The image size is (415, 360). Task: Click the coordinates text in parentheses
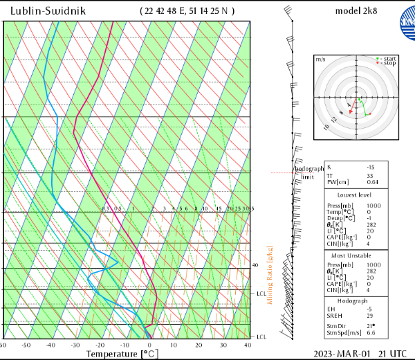[x=187, y=11]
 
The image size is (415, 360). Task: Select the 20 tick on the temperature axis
[x=199, y=345]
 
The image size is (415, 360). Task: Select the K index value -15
[x=370, y=167]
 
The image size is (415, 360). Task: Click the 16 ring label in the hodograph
[x=326, y=127]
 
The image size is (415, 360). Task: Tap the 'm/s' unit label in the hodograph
[x=320, y=60]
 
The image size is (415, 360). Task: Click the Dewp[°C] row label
[x=340, y=218]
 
